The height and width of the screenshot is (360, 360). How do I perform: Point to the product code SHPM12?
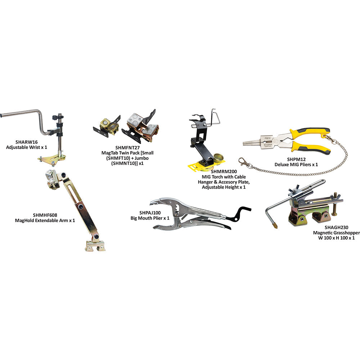pyautogui.click(x=296, y=159)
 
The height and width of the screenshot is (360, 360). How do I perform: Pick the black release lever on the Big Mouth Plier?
pyautogui.click(x=240, y=213)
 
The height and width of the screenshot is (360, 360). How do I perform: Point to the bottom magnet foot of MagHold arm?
pyautogui.click(x=95, y=246)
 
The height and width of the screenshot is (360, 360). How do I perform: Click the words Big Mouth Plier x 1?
pyautogui.click(x=150, y=218)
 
